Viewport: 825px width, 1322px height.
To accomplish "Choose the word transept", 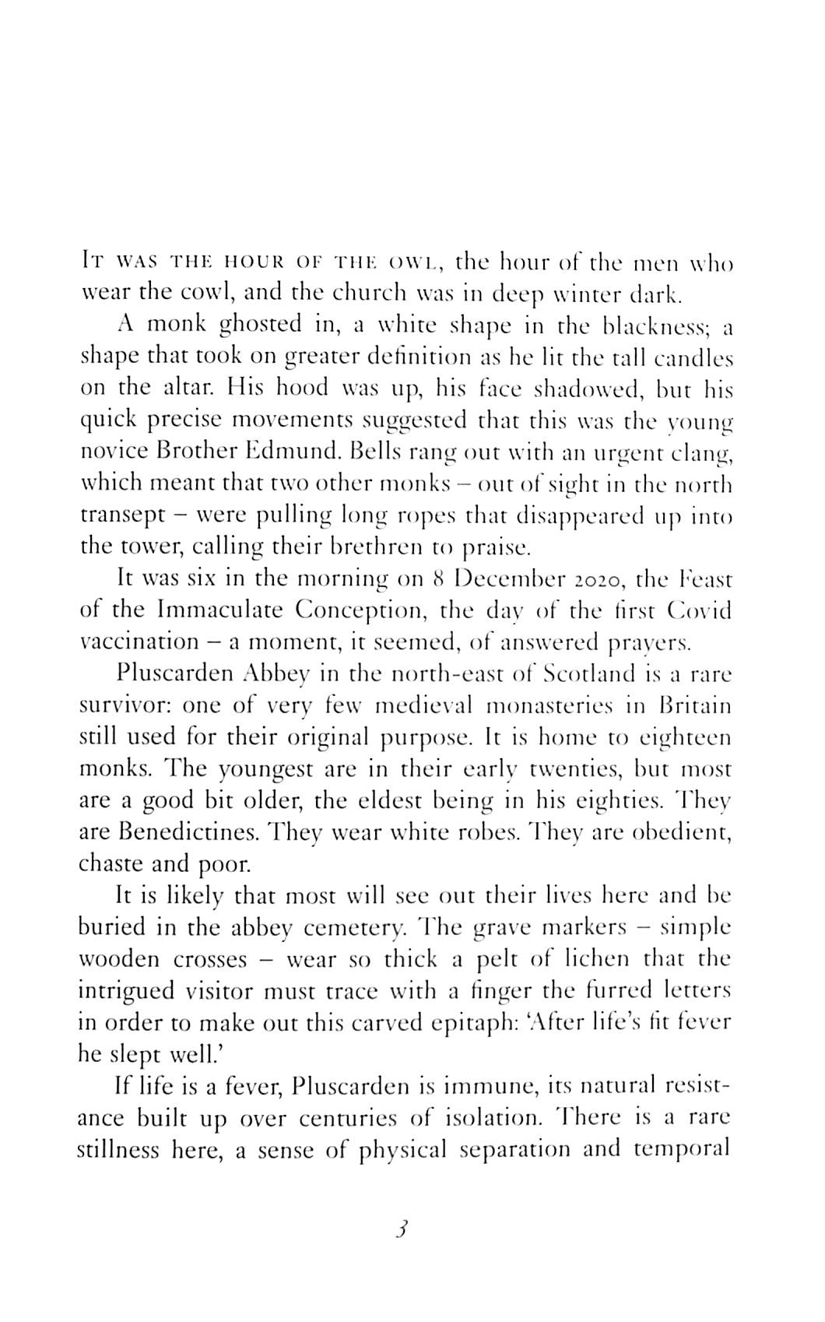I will [124, 516].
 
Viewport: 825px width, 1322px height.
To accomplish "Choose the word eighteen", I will [684, 737].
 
